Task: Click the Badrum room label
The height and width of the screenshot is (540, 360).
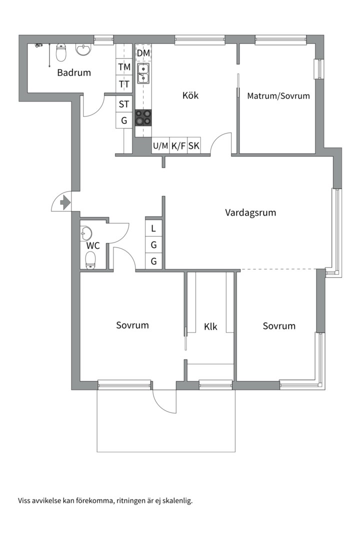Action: coord(74,72)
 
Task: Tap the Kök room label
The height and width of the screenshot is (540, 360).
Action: coord(190,95)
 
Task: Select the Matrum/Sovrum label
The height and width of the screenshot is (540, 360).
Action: coord(278,96)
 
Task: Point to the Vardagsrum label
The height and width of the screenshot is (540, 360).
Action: coord(250,212)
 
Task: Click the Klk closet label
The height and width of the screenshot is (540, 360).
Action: coord(210,327)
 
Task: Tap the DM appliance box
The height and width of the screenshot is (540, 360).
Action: coord(143,53)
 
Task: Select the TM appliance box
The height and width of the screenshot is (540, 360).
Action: coord(124,67)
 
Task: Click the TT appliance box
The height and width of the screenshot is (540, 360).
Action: coord(124,84)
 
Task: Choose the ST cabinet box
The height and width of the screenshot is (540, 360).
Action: coord(124,104)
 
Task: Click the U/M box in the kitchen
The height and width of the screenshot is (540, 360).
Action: coord(160,146)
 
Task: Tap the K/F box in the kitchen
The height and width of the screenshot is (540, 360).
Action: coord(178,146)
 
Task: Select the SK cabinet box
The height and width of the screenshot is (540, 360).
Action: coord(194,146)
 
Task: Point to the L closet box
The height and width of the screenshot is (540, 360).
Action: coord(154,228)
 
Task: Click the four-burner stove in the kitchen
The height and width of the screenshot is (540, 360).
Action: coord(143,117)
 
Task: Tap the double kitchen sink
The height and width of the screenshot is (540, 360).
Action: coord(143,72)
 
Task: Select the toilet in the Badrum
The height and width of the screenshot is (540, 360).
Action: coord(61,51)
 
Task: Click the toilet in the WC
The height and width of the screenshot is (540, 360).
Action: coord(90,260)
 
